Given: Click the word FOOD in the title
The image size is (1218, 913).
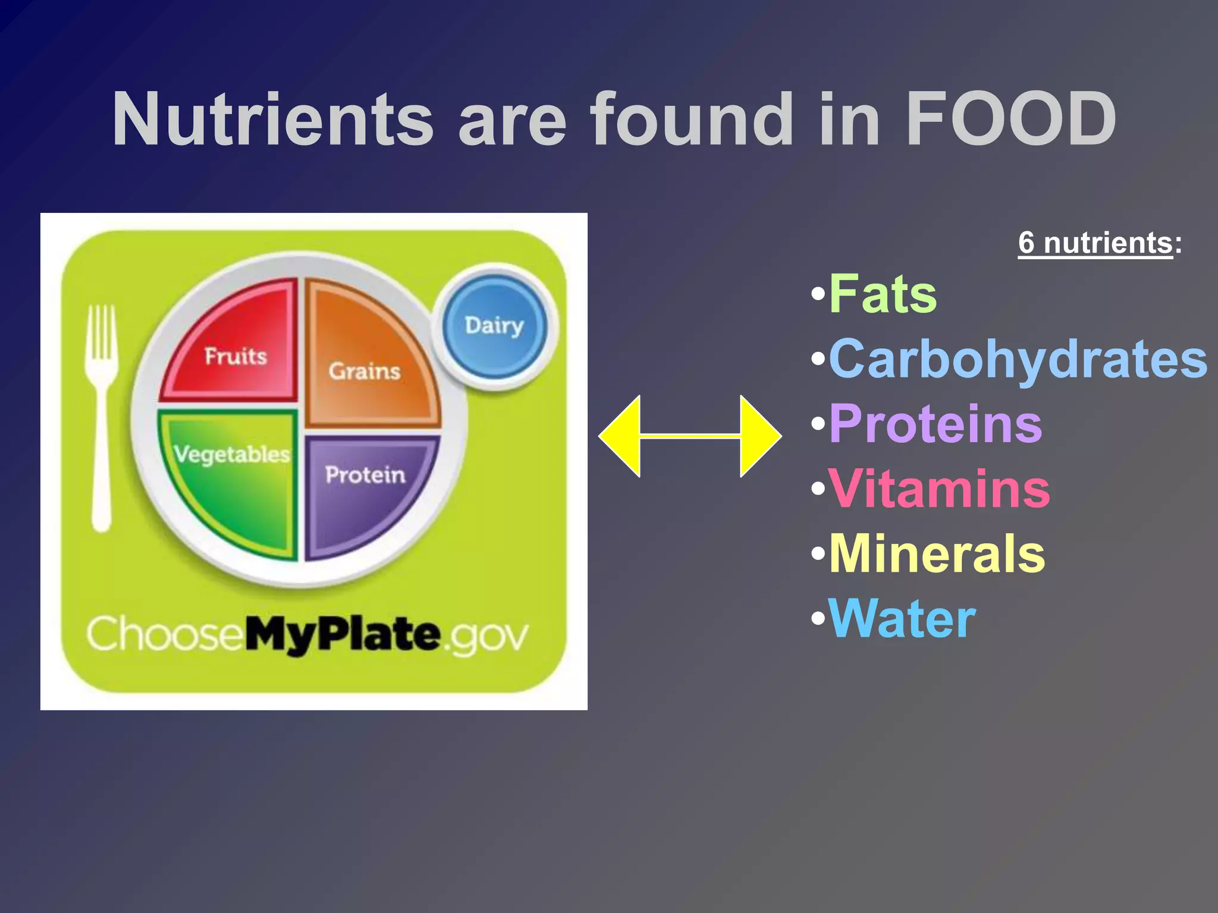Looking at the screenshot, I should [1010, 119].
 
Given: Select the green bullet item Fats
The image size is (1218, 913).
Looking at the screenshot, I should [883, 294].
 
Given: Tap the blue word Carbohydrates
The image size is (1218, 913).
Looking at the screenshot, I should [1018, 359].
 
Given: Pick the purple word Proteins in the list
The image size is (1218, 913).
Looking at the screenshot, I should [935, 424].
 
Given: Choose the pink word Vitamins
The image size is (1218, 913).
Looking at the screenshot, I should [939, 489].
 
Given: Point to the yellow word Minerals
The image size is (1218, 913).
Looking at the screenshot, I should [937, 553].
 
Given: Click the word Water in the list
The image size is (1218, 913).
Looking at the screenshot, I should [902, 619].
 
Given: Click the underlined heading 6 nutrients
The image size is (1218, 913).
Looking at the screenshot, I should [1095, 243].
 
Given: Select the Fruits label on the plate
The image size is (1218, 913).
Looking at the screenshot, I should [236, 356].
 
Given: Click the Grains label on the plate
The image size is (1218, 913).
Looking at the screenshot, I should [365, 371].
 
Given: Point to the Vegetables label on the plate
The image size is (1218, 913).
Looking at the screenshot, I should [232, 455].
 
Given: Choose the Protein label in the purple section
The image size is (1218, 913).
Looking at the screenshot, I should [365, 475].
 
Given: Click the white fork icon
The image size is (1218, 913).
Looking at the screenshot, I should [102, 416].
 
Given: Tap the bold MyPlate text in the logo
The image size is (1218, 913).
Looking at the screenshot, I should [343, 635].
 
